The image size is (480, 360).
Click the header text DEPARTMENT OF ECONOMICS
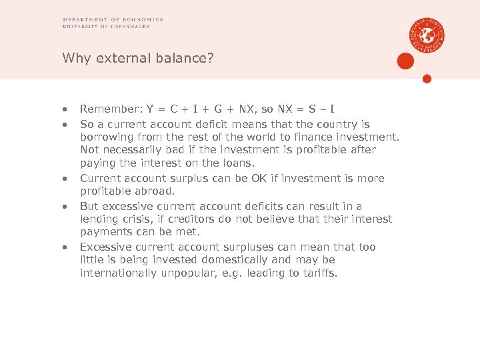[113, 19]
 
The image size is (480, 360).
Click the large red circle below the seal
[405, 61]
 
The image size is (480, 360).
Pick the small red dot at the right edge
[427, 79]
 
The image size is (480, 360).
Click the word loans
[242, 163]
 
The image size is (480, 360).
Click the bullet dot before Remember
[65, 109]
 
